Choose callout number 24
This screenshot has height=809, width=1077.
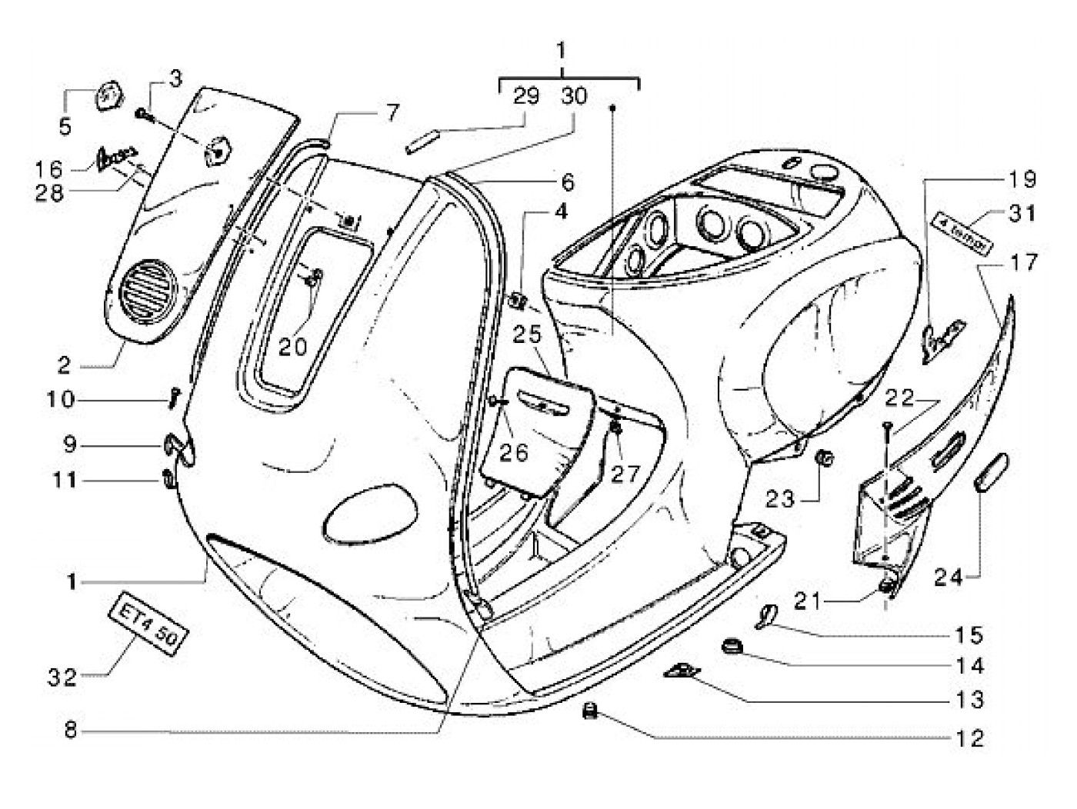(x=949, y=576)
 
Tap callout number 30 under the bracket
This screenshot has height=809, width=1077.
(x=574, y=96)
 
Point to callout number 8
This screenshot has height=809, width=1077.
(x=70, y=730)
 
